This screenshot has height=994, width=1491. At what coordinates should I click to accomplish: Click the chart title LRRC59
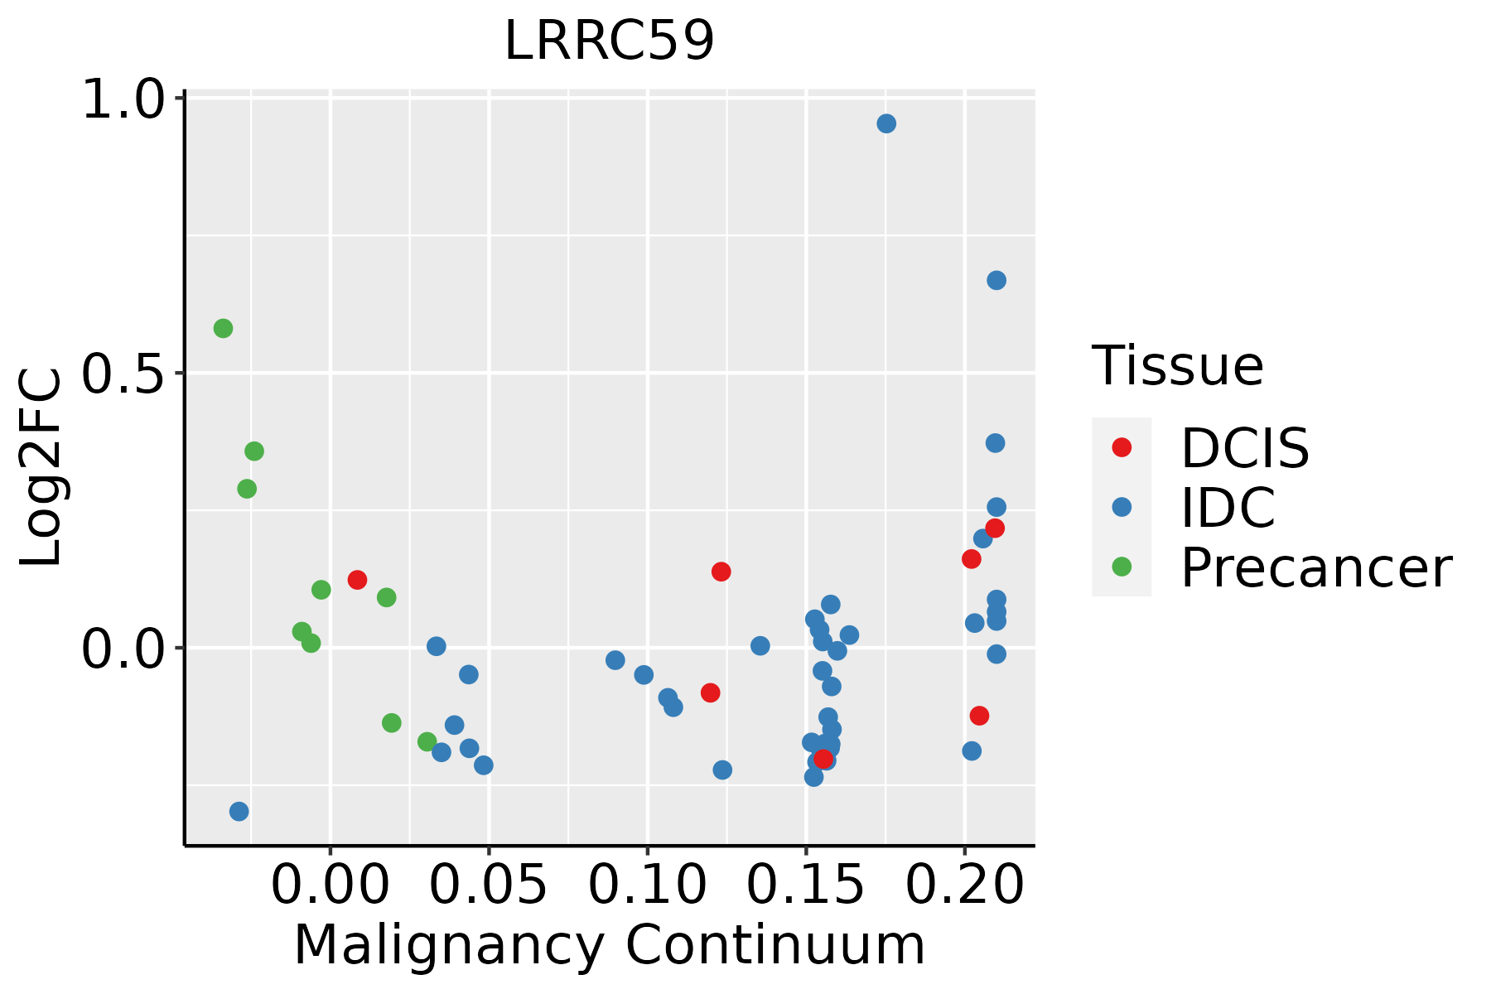pos(609,41)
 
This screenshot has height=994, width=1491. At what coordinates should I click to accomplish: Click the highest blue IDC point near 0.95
pos(886,123)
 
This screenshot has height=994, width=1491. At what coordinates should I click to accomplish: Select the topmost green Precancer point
pos(223,328)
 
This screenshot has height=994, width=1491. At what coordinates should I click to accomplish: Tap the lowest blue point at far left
pos(239,811)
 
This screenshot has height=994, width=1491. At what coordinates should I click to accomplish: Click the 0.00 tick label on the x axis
pos(330,885)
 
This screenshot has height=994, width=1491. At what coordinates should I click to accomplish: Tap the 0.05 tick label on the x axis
pos(489,885)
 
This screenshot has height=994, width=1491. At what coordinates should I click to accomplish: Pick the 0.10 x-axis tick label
pos(647,885)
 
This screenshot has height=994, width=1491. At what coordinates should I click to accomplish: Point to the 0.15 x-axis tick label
pos(806,885)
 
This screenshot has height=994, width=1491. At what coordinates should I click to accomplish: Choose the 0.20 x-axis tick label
pos(964,885)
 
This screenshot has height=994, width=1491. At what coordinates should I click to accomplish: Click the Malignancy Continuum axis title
pos(609,946)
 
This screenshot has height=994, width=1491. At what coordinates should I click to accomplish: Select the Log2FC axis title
pos(41,468)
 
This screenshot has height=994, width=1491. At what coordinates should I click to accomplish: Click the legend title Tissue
pos(1177,365)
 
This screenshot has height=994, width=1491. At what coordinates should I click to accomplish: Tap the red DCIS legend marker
pos(1122,447)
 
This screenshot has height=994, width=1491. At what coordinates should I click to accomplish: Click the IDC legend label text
pos(1228,508)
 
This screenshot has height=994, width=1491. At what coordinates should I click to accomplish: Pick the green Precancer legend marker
pos(1122,567)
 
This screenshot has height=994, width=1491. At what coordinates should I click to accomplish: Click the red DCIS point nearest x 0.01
pos(357,579)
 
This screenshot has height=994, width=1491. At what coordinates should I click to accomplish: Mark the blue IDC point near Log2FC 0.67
pos(996,280)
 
